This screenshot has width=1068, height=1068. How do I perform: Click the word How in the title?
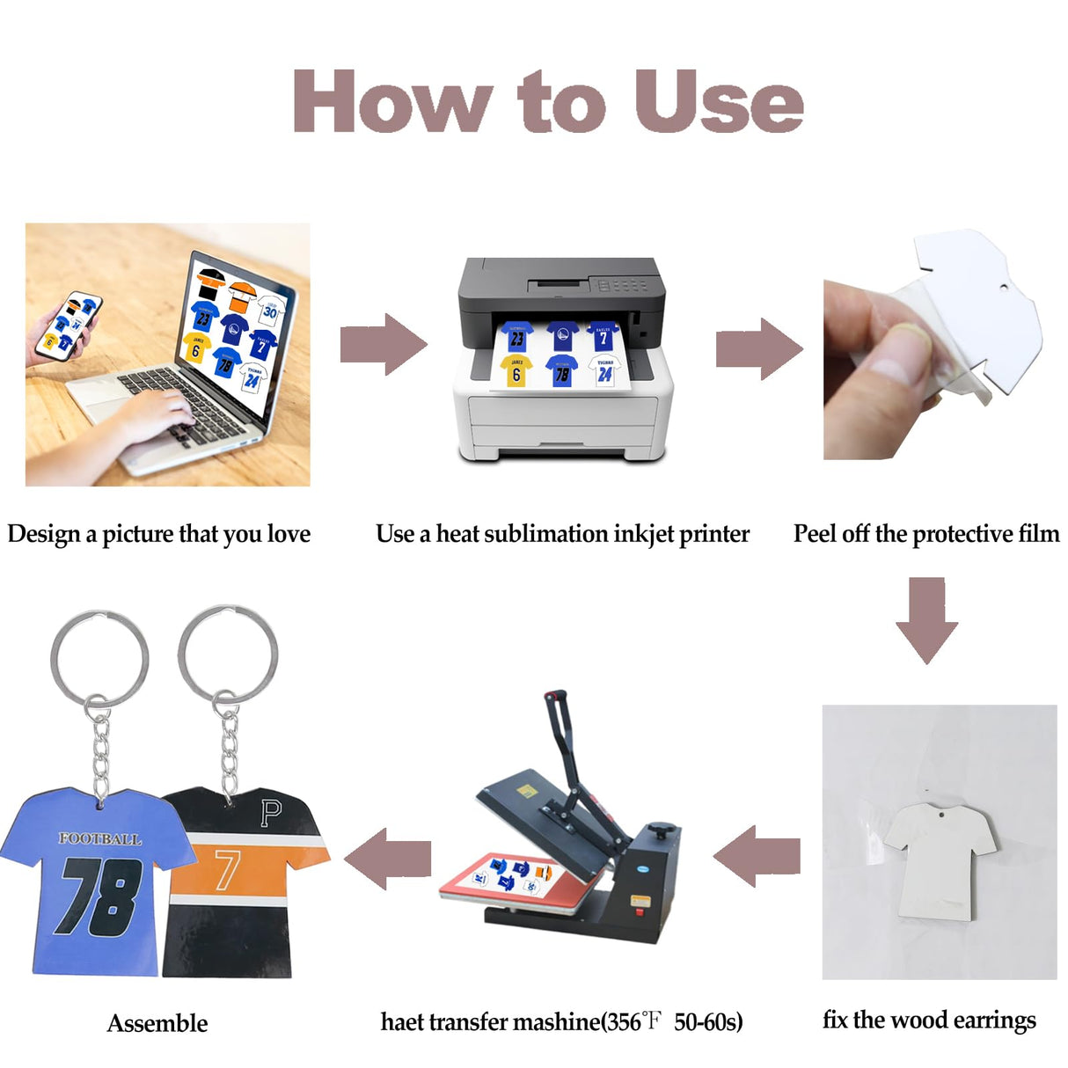tap(391, 102)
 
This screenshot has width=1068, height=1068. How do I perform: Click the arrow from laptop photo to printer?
tap(384, 344)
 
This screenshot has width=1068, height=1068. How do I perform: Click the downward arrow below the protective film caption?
tap(926, 619)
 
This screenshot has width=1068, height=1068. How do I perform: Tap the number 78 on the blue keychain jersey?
tap(99, 896)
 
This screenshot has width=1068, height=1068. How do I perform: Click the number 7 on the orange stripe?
tap(227, 868)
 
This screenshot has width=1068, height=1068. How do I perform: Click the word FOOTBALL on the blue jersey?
tap(99, 838)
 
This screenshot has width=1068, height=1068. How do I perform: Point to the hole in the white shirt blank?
tap(939, 816)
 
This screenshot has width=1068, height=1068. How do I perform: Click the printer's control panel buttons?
tap(621, 285)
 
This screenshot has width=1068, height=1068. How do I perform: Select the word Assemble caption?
tap(157, 1023)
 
